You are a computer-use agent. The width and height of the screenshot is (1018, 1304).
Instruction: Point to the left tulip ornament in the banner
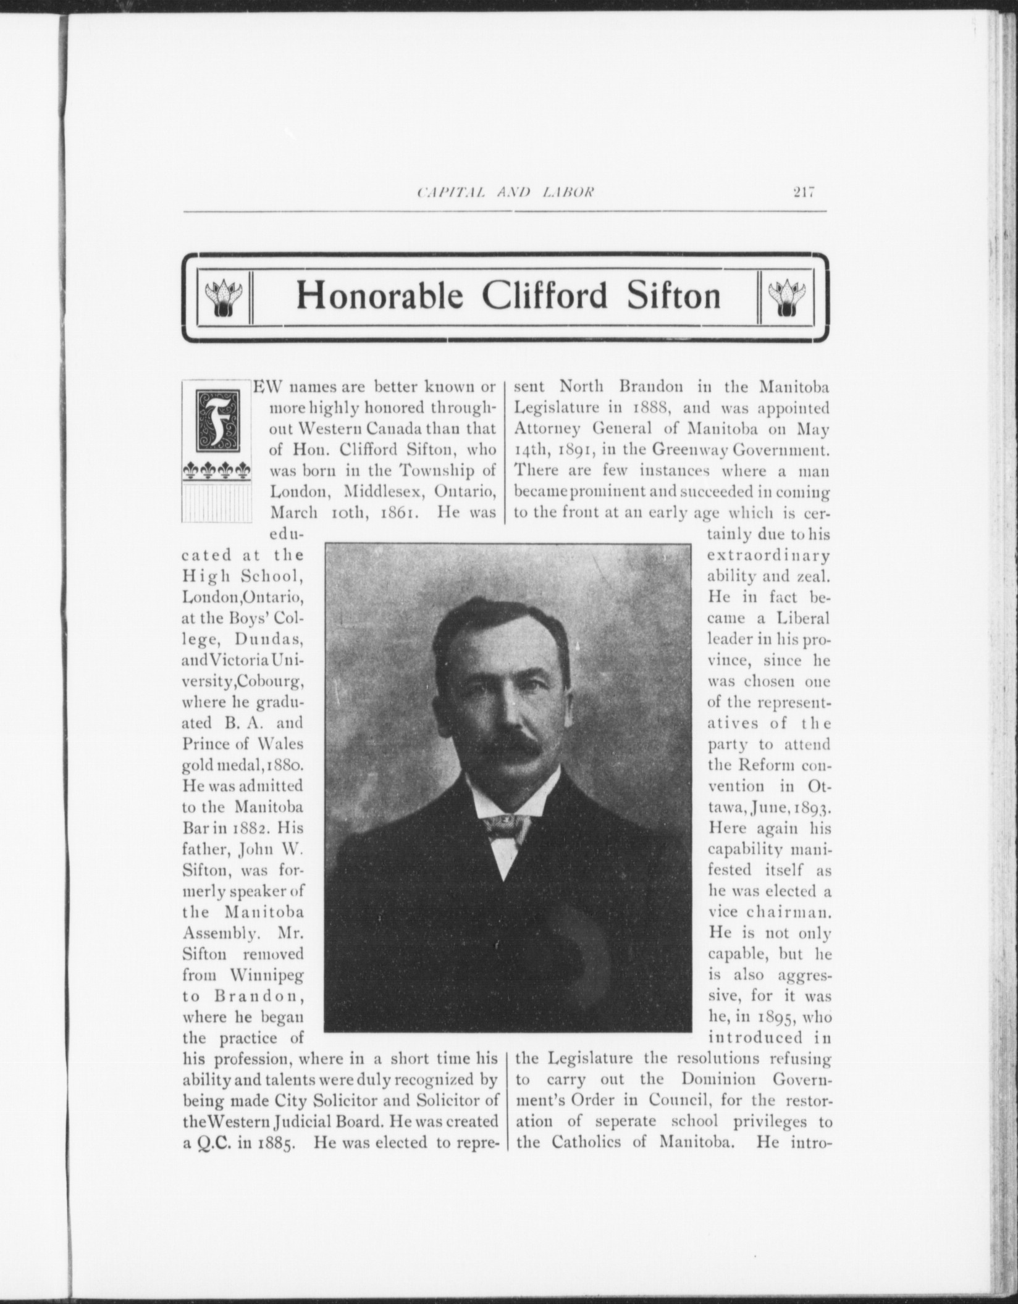click(x=221, y=298)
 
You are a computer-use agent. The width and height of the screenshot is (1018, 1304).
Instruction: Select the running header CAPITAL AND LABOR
click(x=505, y=193)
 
